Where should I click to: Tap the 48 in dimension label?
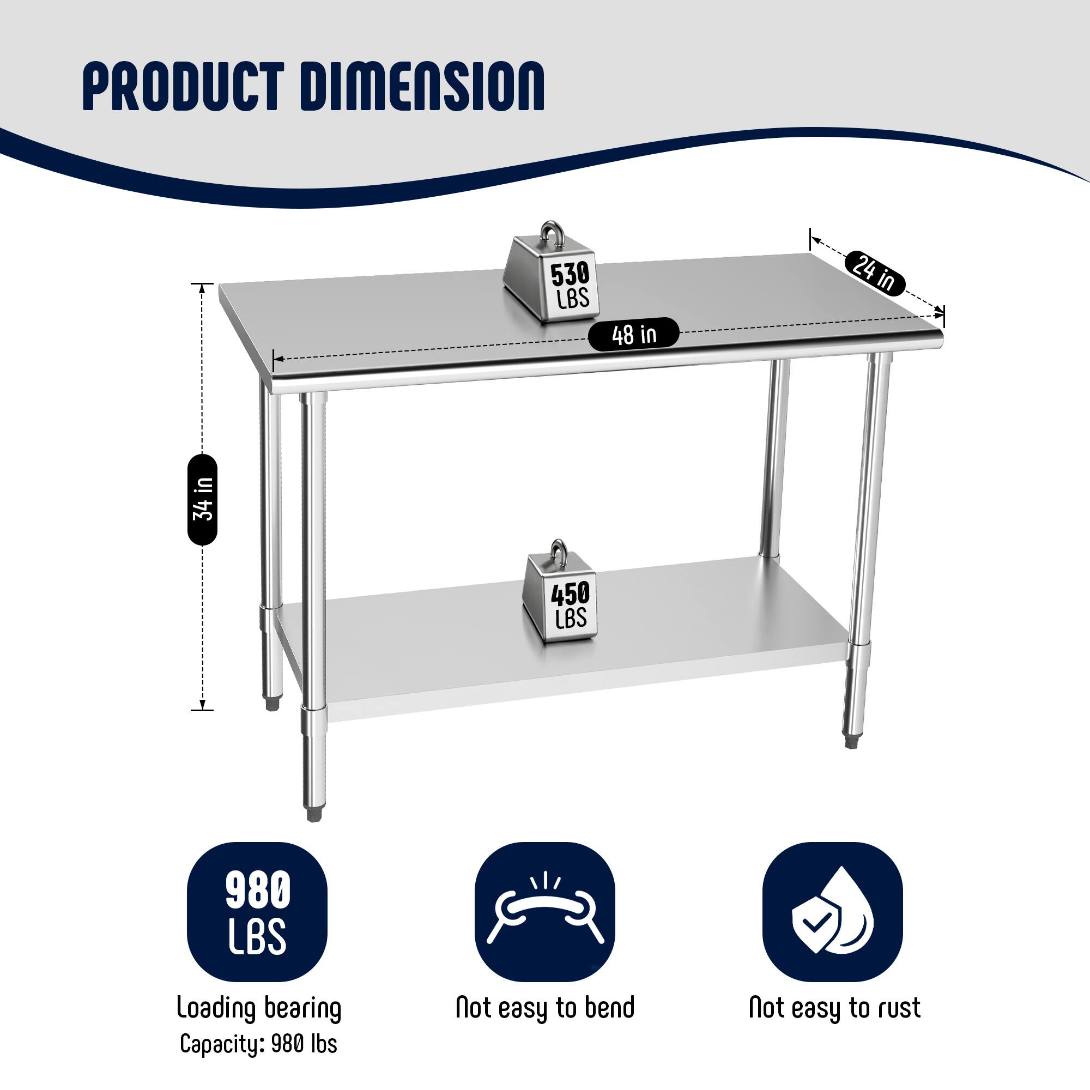634,335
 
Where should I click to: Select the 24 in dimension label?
875,272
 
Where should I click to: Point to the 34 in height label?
203,500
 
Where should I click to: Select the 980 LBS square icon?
257,912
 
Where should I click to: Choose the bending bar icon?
545,912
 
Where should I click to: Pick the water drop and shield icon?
833,912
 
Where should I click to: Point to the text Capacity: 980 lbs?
258,1044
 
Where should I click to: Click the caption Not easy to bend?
545,1008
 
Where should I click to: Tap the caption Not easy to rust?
834,1008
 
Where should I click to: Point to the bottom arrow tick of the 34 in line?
202,710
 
